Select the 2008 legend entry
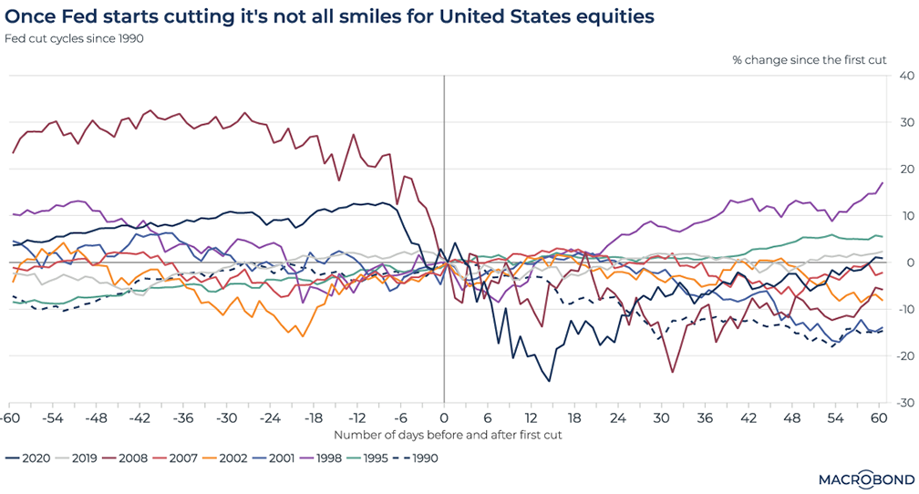pyautogui.click(x=133, y=458)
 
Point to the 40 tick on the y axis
pyautogui.click(x=899, y=75)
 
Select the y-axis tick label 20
pyautogui.click(x=899, y=169)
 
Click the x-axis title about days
pyautogui.click(x=447, y=435)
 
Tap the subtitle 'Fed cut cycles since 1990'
pyautogui.click(x=75, y=38)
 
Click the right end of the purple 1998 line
pyautogui.click(x=882, y=183)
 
